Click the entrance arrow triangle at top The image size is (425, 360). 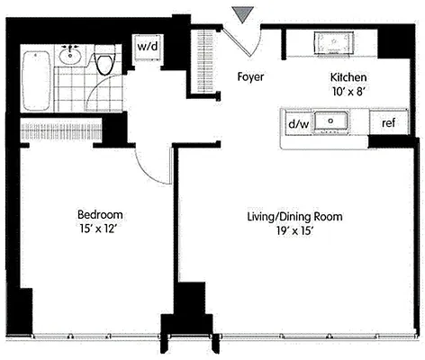[x=240, y=13]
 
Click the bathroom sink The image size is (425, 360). [x=71, y=57]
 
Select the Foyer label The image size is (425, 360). [x=250, y=77]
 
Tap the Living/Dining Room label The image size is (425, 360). [x=294, y=218]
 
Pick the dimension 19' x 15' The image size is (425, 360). [x=294, y=232]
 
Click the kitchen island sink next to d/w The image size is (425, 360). [x=337, y=121]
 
